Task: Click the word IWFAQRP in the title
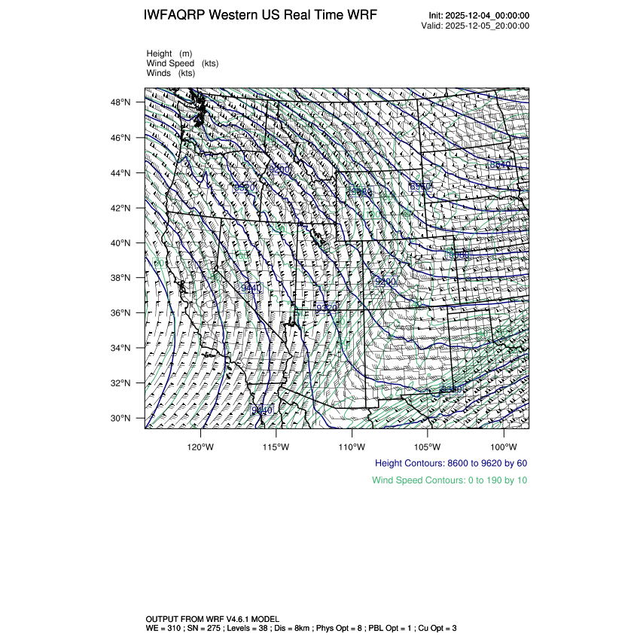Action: tap(175, 15)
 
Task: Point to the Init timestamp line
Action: tap(479, 16)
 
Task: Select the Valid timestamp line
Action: tap(476, 26)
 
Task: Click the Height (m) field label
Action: tap(169, 53)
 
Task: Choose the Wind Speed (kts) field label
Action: tap(183, 63)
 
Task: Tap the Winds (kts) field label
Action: tap(171, 73)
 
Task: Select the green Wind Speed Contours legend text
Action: tap(450, 480)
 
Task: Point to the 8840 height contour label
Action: tap(498, 165)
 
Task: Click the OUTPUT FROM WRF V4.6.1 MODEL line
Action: tap(212, 619)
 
